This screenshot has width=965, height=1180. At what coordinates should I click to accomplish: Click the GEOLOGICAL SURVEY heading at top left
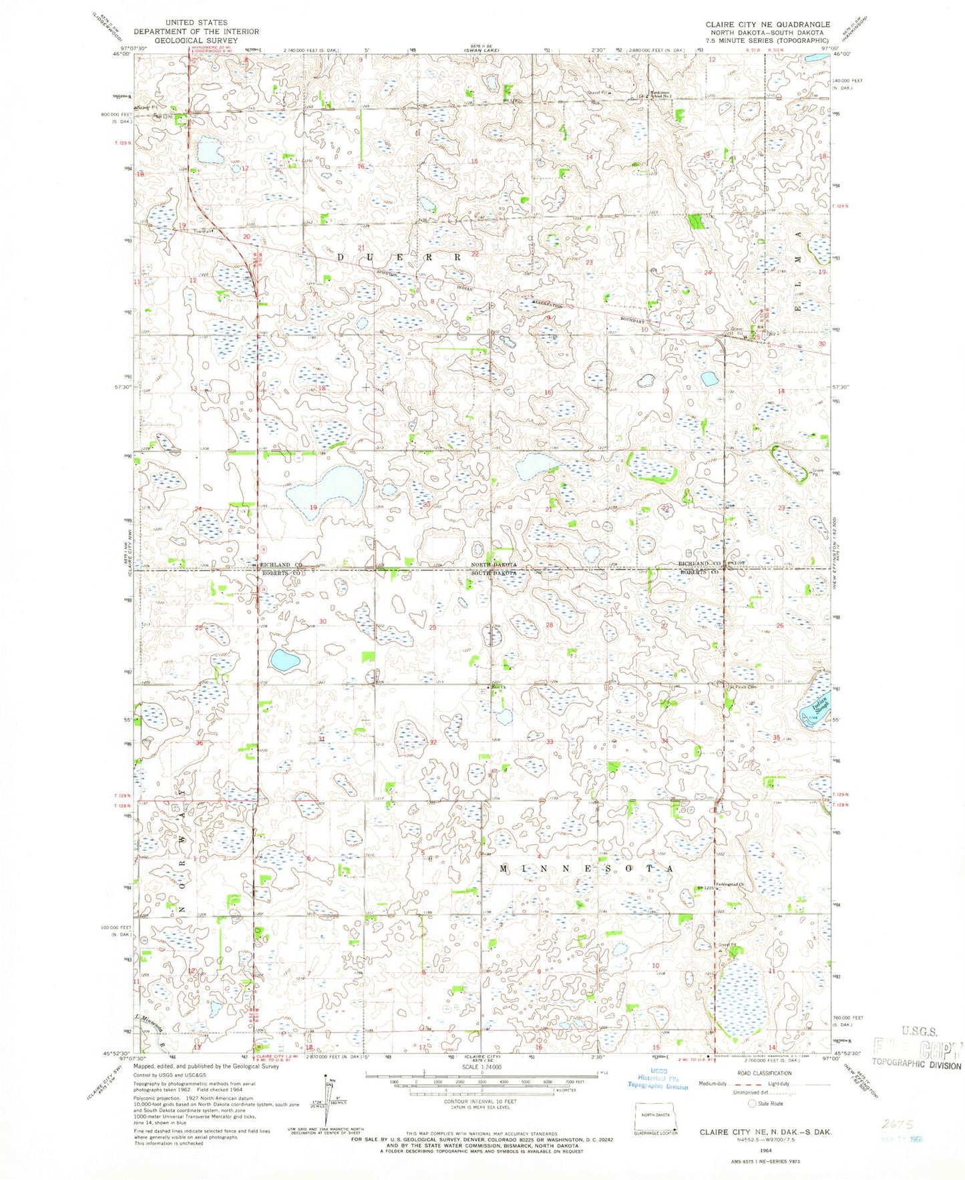tap(196, 40)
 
